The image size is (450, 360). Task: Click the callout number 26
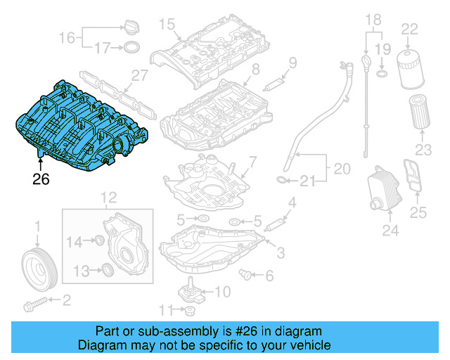tap(41, 179)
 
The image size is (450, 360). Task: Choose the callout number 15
tap(166, 25)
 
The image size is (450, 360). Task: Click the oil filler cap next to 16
tap(131, 30)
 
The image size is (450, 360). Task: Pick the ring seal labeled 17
tap(131, 49)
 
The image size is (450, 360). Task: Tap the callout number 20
tap(341, 169)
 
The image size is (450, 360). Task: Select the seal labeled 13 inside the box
tap(108, 269)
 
